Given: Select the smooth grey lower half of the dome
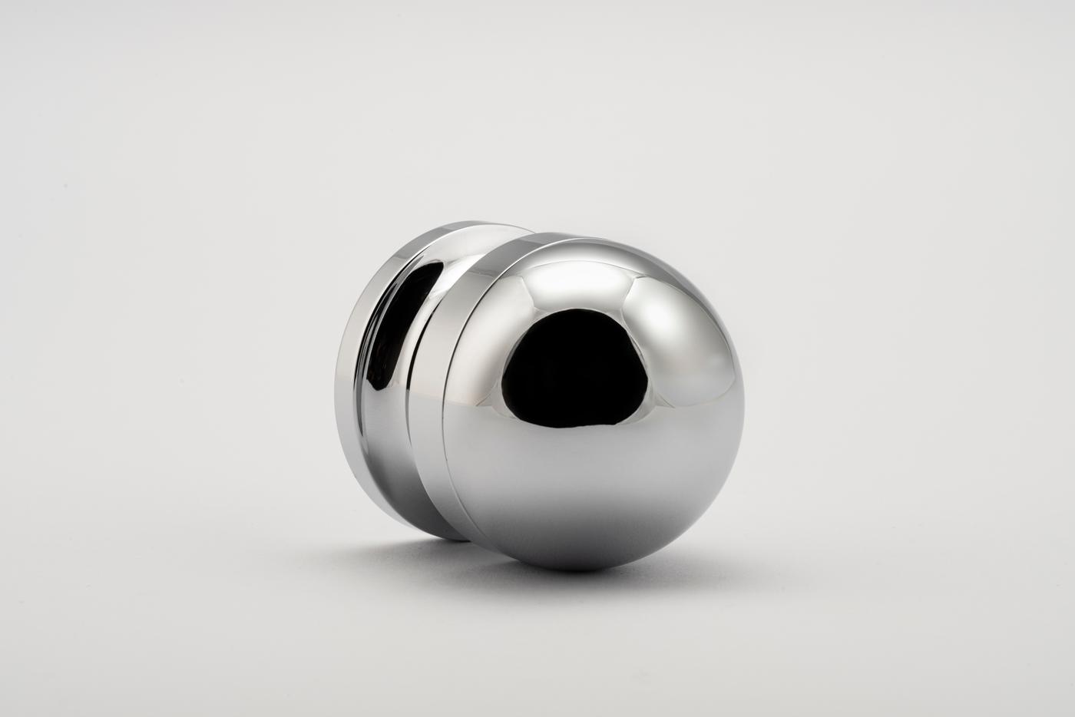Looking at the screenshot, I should [599, 491].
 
